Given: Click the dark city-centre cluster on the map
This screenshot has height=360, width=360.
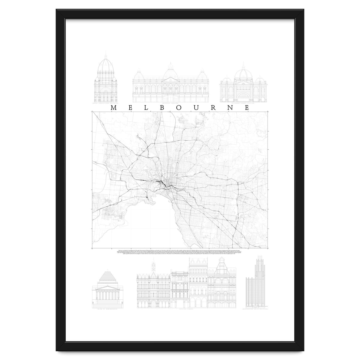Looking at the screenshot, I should tap(163, 185).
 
